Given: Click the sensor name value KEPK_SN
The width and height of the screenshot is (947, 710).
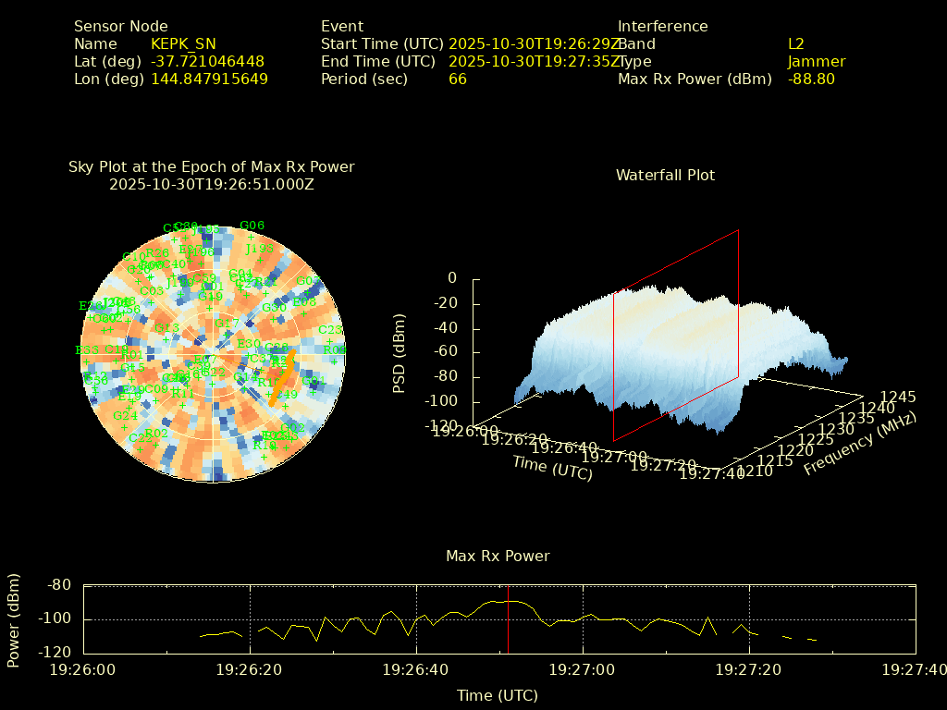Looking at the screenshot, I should tap(183, 43).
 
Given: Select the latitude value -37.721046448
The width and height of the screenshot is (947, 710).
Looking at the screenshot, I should tap(207, 61).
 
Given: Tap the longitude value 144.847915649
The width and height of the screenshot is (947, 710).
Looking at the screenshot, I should tap(209, 79).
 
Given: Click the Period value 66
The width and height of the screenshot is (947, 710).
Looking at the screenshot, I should tap(458, 79).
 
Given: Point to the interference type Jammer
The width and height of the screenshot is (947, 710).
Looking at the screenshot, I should tap(817, 61).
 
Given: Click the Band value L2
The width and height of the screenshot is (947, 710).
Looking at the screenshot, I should tap(796, 43).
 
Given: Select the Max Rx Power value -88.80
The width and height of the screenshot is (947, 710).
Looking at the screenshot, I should tap(811, 79).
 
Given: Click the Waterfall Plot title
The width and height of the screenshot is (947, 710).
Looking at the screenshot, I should tap(665, 175).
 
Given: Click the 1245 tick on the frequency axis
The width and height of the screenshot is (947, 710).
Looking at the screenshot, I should tap(898, 397).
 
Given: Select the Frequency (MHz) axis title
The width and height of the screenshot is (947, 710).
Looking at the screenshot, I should tap(859, 445).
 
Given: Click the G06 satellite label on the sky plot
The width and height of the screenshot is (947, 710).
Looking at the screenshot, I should tap(252, 225).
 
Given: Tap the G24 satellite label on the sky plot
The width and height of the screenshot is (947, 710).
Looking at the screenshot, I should tap(125, 416).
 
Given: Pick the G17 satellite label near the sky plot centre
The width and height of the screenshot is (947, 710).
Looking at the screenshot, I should tap(227, 323).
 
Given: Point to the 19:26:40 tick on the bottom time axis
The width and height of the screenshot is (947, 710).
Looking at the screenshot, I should tap(416, 668).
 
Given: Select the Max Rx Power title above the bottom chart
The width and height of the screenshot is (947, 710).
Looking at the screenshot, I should tap(498, 556).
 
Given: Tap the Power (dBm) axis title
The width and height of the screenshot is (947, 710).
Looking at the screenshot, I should tap(14, 618).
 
